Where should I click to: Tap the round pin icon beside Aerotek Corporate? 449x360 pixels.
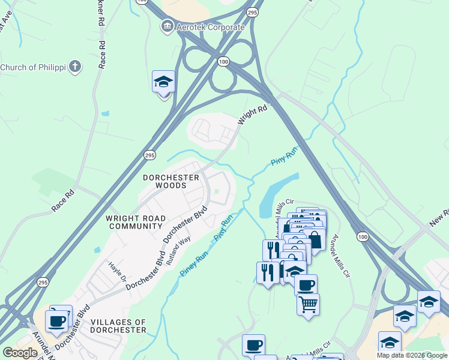[x=167, y=27]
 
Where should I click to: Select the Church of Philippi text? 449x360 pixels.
[x=34, y=67]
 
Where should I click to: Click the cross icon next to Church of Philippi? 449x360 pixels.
[x=75, y=66]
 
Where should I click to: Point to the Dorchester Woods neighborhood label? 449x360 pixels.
[x=170, y=182]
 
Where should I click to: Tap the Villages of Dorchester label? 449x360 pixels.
[x=118, y=326]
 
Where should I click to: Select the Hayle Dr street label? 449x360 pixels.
[x=118, y=271]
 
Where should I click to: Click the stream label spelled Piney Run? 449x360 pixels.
[x=194, y=263]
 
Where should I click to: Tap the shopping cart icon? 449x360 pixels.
[x=308, y=304]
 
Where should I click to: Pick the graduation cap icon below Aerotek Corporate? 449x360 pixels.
[x=163, y=82]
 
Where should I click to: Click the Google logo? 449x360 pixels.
[x=20, y=353]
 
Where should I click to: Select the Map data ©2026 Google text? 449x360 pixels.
[x=412, y=355]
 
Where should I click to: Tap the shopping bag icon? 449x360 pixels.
[x=314, y=240]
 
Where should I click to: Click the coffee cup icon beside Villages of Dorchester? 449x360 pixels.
[x=56, y=321]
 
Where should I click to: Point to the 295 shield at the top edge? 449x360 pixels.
[x=253, y=11]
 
